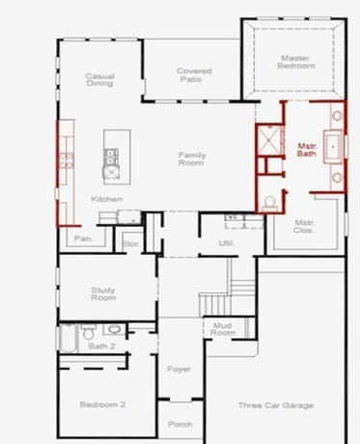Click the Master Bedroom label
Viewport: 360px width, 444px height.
coord(296,62)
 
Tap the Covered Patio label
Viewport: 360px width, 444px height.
coord(194,75)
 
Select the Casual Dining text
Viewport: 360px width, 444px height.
coord(99,80)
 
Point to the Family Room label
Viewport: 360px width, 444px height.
coord(192,159)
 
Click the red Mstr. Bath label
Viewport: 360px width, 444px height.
coord(307,150)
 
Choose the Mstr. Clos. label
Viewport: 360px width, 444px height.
coord(304,226)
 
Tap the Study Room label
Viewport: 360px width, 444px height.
coord(103,293)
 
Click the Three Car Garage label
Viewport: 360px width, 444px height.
coord(276,405)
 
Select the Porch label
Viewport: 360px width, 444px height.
coord(180,425)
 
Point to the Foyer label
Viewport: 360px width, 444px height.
coord(179,369)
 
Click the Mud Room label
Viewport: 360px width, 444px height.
coord(223,329)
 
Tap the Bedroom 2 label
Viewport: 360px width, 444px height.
coord(102,404)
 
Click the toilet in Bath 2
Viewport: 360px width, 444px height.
coord(89,332)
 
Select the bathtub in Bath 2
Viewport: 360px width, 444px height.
coord(68,339)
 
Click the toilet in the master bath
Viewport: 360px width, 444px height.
coord(269,204)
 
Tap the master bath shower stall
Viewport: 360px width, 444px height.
coord(269,140)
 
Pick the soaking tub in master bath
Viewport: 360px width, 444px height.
coord(333,147)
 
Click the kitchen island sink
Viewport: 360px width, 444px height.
coord(111,156)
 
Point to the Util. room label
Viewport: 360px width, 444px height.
coord(227,243)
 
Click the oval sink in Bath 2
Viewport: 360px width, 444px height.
coord(114,329)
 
